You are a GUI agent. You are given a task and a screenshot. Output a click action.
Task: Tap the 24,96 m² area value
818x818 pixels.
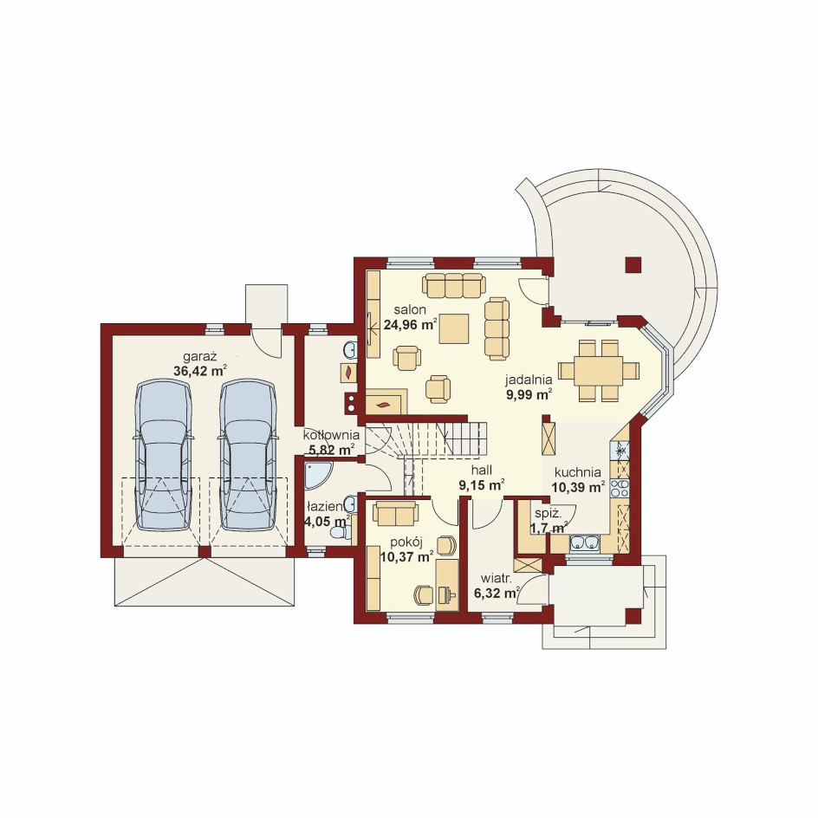[410, 324]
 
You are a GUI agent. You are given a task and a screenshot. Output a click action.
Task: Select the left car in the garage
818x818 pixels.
[163, 455]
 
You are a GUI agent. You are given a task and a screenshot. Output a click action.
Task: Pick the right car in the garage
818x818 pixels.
[248, 455]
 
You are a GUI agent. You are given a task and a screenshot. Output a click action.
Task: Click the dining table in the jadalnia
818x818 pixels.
[599, 370]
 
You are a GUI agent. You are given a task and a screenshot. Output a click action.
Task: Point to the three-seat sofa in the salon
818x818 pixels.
[454, 285]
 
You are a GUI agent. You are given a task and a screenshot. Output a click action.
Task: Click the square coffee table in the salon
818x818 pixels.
[453, 328]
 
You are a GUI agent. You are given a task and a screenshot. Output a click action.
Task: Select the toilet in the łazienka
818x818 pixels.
[341, 533]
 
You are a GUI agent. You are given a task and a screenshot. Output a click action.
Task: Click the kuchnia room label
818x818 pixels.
[577, 472]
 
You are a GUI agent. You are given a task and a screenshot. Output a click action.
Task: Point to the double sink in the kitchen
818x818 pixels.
[585, 543]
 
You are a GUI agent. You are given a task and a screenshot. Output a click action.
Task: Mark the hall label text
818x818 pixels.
[482, 471]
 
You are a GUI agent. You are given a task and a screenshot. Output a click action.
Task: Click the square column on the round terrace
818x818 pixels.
[633, 265]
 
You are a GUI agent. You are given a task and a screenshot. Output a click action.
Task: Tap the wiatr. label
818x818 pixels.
[497, 579]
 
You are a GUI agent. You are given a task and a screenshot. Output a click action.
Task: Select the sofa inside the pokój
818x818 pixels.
[395, 513]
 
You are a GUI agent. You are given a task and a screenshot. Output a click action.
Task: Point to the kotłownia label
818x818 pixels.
[331, 435]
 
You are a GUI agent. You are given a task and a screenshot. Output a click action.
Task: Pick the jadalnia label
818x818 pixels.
[529, 380]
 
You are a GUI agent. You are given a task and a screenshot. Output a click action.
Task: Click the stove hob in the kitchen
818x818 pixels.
[620, 488]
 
